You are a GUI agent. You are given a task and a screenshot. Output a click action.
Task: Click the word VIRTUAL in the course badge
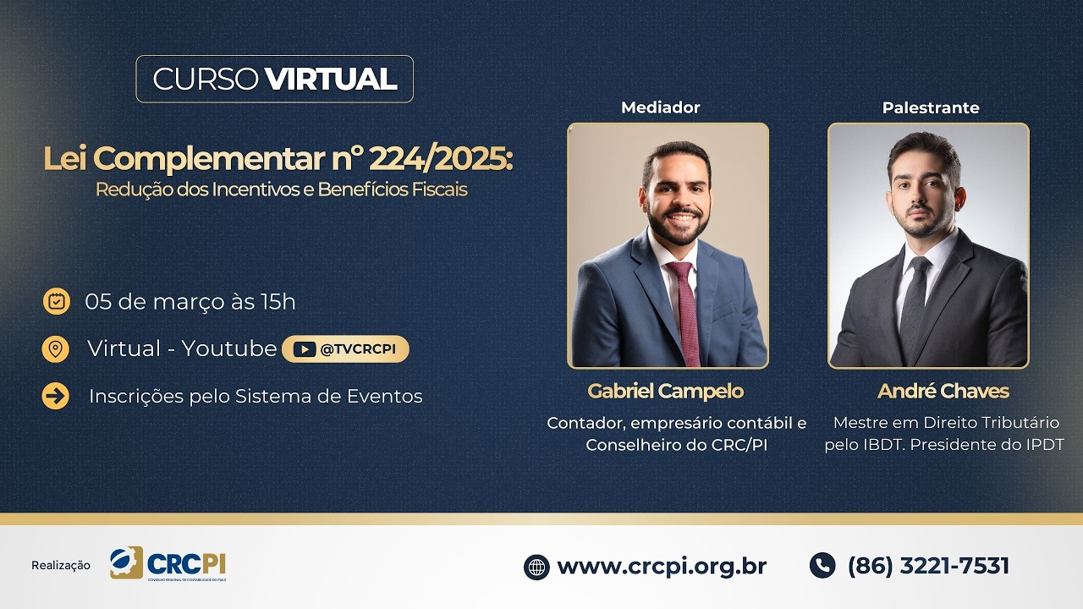tap(331, 79)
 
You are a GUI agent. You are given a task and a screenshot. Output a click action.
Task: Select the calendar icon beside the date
tap(57, 301)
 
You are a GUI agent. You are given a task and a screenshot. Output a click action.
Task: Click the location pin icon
tap(56, 348)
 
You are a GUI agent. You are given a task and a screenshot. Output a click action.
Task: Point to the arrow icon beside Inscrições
tap(56, 396)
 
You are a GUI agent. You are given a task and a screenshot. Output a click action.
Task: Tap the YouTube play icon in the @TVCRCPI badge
tap(305, 349)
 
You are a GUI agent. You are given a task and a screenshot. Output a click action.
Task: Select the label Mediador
tap(661, 107)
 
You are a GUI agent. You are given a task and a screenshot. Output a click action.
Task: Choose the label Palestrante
tap(931, 107)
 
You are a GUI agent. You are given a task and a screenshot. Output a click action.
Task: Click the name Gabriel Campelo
tap(666, 391)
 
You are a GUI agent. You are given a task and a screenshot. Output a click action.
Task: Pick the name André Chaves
tap(943, 391)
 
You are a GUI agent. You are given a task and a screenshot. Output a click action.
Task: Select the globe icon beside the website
tap(536, 567)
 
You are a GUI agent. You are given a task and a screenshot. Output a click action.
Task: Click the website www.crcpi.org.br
tap(662, 566)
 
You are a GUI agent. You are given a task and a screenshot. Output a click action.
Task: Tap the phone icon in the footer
tap(822, 565)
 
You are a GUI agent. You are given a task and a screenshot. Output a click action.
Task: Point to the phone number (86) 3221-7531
tap(928, 565)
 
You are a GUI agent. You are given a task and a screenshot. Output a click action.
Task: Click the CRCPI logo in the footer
tap(168, 564)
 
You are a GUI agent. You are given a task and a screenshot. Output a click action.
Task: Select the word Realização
tap(61, 565)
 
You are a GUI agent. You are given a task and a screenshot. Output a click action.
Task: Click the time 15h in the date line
tap(278, 301)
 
